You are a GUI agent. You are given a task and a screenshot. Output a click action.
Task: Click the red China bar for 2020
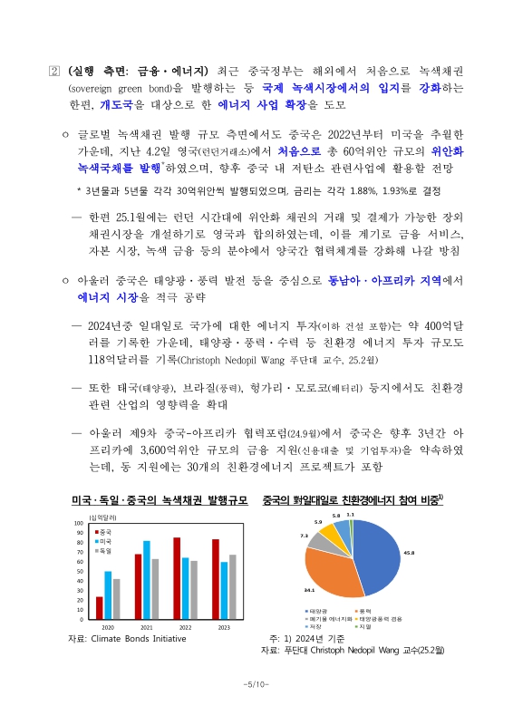[99, 608]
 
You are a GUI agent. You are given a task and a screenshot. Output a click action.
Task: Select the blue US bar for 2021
[147, 580]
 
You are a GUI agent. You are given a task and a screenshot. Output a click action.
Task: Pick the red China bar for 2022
[177, 578]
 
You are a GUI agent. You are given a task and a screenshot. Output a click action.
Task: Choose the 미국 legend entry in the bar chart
[105, 540]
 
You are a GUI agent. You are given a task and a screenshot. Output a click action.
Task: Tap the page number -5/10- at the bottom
[256, 683]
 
